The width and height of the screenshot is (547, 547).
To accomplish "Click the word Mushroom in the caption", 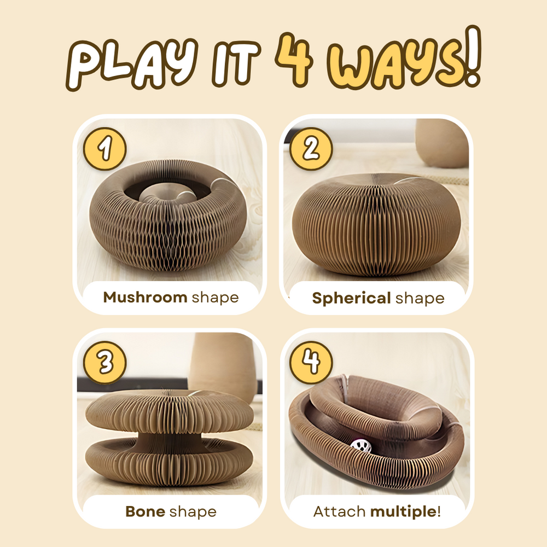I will pyautogui.click(x=145, y=298).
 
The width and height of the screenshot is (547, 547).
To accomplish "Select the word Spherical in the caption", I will pyautogui.click(x=351, y=298).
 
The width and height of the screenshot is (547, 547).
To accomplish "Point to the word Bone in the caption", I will pyautogui.click(x=145, y=512).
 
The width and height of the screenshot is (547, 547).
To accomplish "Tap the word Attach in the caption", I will pyautogui.click(x=339, y=512).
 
